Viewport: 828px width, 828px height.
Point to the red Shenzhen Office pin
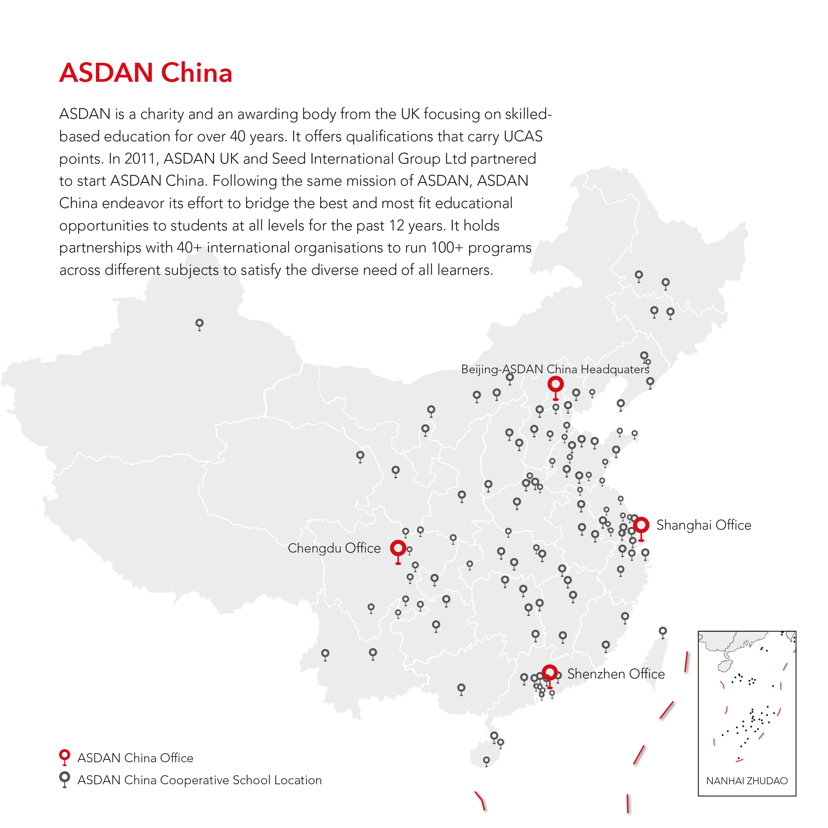coord(550,672)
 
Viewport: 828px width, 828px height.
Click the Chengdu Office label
coord(334,548)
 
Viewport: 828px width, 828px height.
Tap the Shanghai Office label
coord(704,525)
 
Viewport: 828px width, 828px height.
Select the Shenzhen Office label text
coord(615,674)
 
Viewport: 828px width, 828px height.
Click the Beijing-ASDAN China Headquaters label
coord(555,370)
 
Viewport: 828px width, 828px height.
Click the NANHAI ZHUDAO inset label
coord(747,781)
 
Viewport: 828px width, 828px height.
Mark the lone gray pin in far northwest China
coord(199,324)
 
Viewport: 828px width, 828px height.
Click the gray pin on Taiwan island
coord(663,631)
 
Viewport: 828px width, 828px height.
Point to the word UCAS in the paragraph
coord(523,136)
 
